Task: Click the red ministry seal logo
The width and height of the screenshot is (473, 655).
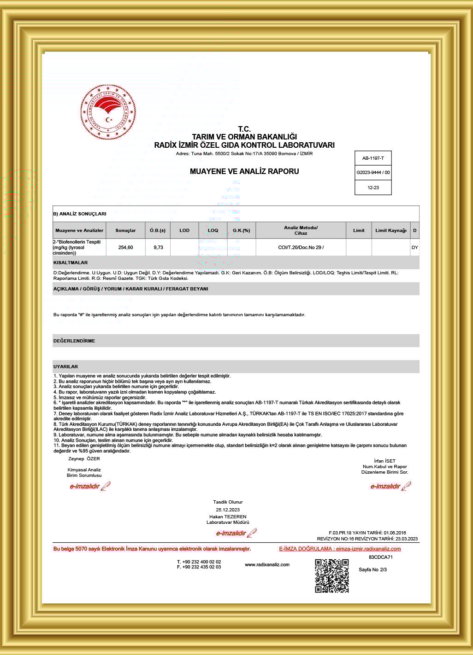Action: [x=108, y=112]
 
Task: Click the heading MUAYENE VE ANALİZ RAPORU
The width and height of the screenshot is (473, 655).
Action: [x=244, y=171]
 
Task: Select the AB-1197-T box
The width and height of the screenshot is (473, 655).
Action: [x=373, y=158]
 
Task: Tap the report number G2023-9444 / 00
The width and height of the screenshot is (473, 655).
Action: [x=373, y=173]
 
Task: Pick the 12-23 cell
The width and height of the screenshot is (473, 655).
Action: [x=373, y=187]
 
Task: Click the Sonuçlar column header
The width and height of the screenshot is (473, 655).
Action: [x=125, y=230]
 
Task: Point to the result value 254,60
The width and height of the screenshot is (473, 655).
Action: [x=125, y=247]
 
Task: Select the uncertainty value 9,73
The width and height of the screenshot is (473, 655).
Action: [x=158, y=247]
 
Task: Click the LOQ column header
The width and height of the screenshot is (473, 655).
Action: [x=213, y=230]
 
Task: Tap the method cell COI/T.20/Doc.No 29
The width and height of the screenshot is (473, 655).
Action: [x=301, y=247]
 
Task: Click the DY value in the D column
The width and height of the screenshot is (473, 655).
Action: [x=414, y=247]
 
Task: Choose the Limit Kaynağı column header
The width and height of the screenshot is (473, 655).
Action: [x=390, y=230]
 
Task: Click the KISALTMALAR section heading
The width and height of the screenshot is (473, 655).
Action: [x=71, y=262]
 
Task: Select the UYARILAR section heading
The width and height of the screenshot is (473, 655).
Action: [x=66, y=366]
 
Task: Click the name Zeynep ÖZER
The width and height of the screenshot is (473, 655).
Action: [x=84, y=458]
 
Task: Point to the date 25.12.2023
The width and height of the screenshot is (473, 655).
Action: [x=228, y=510]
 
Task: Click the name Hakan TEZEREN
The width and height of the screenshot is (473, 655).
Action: [x=228, y=516]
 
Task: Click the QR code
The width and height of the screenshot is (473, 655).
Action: [x=331, y=576]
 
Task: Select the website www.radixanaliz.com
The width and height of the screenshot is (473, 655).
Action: [x=267, y=564]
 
